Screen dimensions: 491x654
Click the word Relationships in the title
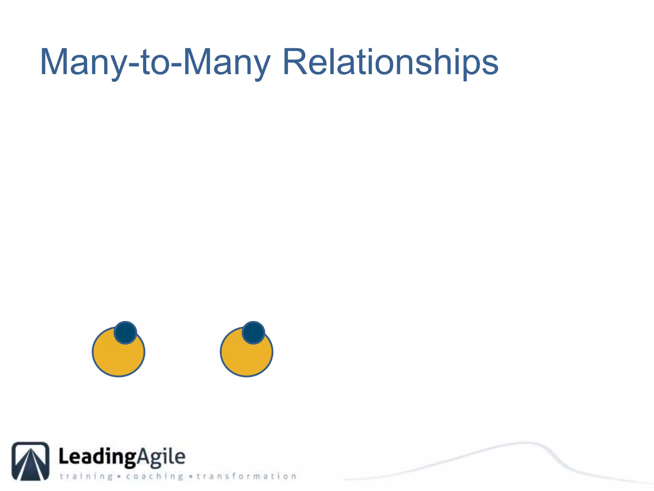click(390, 62)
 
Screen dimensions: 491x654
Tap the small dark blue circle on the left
click(125, 333)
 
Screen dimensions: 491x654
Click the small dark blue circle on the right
click(253, 333)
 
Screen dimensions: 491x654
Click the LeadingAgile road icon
click(31, 461)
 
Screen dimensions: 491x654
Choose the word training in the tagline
click(86, 477)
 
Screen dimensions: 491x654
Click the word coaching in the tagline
click(155, 477)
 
